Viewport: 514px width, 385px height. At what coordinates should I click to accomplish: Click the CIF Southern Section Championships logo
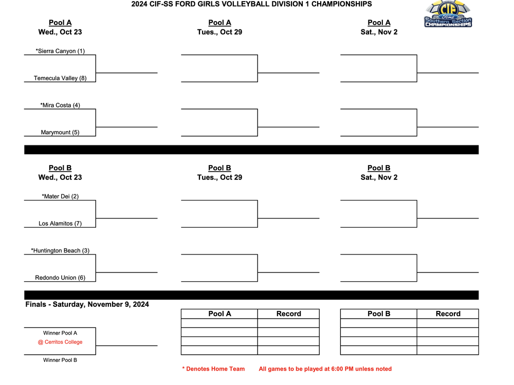click(x=448, y=14)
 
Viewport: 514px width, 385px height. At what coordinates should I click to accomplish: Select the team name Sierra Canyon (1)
click(x=60, y=51)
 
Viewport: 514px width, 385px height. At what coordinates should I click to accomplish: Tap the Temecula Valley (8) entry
click(x=60, y=78)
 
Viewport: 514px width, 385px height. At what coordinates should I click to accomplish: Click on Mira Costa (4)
click(x=60, y=105)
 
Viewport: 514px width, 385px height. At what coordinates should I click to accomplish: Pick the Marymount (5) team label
click(x=60, y=133)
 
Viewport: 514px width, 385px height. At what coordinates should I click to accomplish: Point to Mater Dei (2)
click(x=60, y=196)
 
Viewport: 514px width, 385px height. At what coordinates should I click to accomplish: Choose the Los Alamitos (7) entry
click(x=60, y=224)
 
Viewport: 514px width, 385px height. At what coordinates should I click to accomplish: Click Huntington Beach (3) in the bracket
click(x=60, y=251)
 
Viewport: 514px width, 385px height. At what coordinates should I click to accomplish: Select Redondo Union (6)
click(x=60, y=278)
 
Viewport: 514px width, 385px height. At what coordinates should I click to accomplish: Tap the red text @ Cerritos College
click(x=60, y=342)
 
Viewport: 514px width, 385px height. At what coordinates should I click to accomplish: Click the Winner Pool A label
click(x=60, y=333)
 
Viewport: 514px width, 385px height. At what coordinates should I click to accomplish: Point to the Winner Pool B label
click(x=60, y=360)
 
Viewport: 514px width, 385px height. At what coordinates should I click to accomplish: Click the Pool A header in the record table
click(x=219, y=314)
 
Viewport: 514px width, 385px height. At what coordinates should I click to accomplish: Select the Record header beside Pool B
click(x=448, y=314)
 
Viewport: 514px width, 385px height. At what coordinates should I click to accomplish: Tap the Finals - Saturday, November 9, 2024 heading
click(x=87, y=304)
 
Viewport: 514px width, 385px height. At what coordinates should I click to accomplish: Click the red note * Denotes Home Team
click(x=213, y=369)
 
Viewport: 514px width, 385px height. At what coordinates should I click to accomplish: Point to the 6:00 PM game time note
click(x=325, y=369)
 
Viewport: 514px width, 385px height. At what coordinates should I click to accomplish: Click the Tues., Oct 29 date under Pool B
click(x=219, y=177)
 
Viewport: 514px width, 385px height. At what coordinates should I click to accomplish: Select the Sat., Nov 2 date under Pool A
click(x=379, y=32)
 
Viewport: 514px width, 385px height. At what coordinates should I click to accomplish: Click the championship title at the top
click(x=251, y=4)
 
